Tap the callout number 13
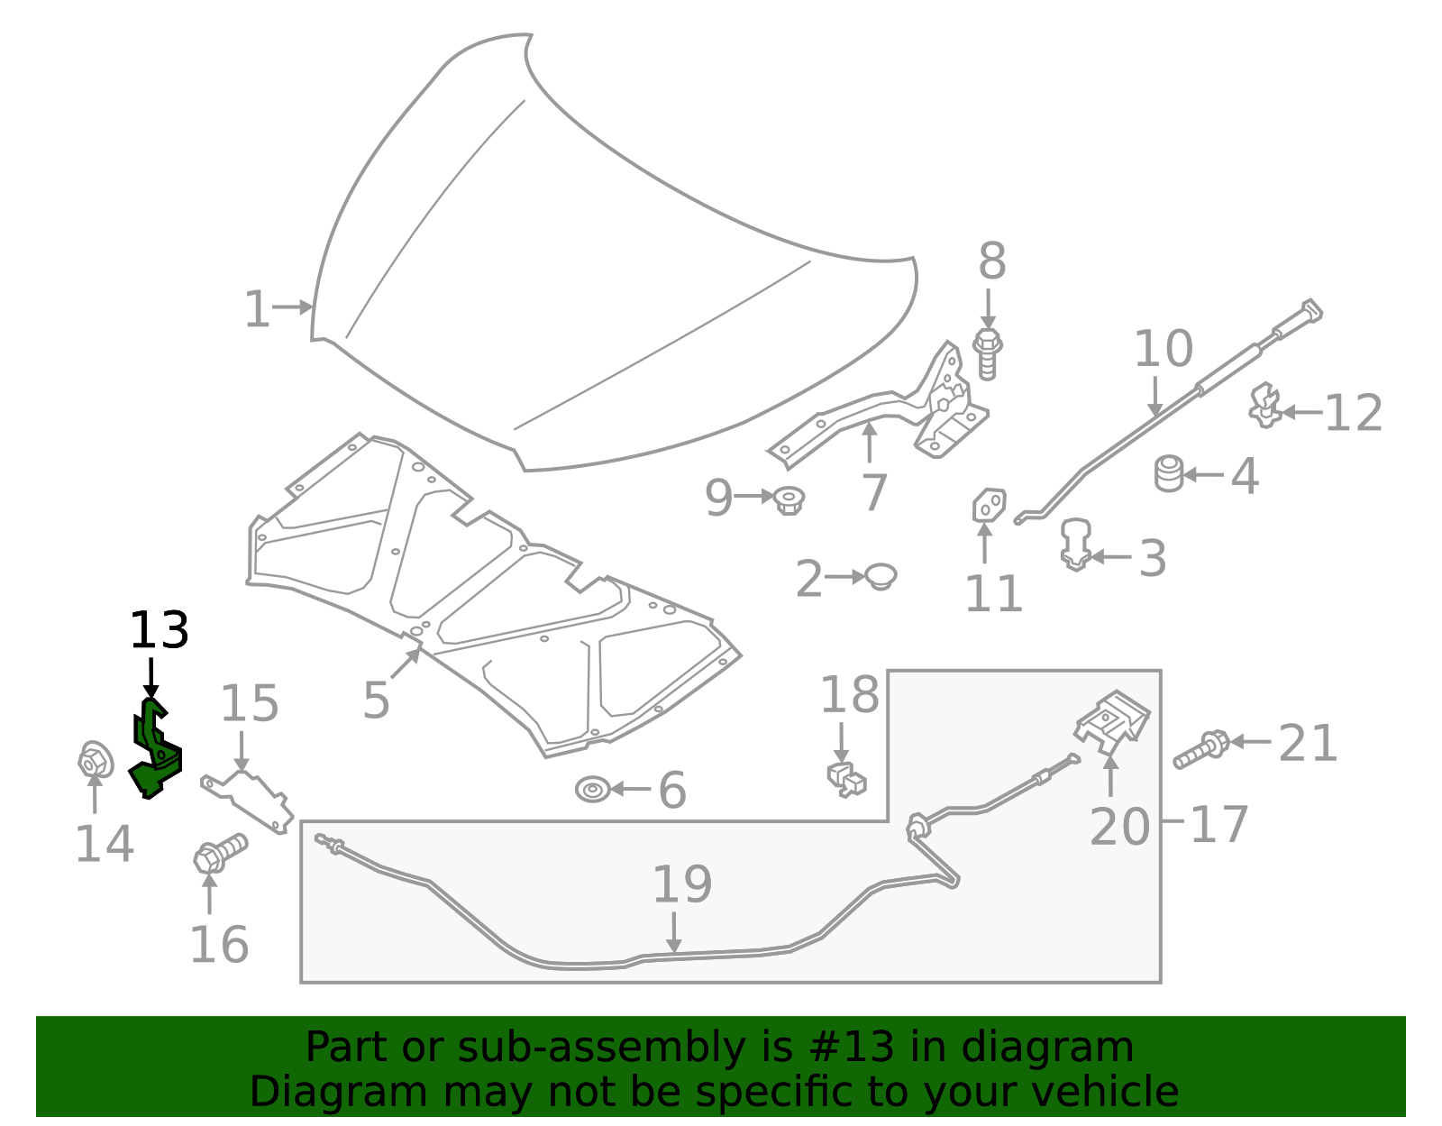point(159,630)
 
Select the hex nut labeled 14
point(94,762)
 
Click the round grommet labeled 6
point(591,790)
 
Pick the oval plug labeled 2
point(881,576)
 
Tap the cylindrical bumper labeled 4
point(1169,474)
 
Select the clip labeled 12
point(1264,407)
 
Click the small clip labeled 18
point(845,779)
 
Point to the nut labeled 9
point(789,499)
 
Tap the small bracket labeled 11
point(988,505)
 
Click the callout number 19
point(681,884)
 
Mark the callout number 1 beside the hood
point(257,310)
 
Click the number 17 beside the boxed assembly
point(1218,824)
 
